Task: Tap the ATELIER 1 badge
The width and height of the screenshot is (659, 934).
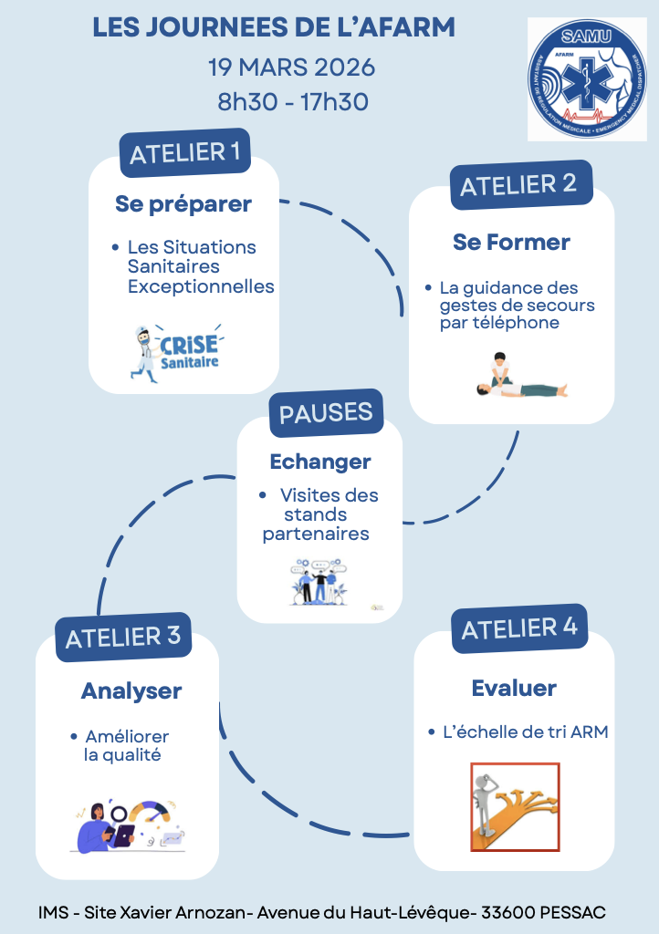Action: pos(185,152)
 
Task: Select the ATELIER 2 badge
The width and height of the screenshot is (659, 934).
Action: pos(518,185)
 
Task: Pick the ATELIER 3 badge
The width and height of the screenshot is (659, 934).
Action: pos(123,637)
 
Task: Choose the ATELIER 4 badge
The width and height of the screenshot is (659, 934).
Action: pos(519,628)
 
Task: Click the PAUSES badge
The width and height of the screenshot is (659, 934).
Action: pos(326,413)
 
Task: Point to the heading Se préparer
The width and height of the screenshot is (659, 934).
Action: pos(183,203)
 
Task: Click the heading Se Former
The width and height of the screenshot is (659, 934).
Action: pos(511,243)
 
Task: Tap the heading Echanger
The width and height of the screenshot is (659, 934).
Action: pos(320,462)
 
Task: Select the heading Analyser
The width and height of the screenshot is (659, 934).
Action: pos(131,690)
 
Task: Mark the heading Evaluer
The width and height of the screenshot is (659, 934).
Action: pos(514,688)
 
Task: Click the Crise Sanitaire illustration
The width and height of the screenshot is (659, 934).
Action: pos(177,349)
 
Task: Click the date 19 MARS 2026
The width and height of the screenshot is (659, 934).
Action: pos(292,67)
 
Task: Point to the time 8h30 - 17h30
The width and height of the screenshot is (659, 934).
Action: pos(293,101)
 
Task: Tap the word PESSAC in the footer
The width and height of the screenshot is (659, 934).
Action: pos(572,912)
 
